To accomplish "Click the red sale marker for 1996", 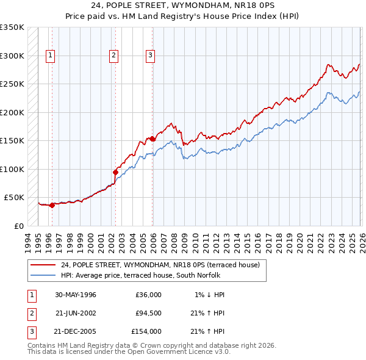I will (52, 205).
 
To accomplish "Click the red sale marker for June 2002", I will (115, 172).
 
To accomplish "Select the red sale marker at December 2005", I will (152, 139).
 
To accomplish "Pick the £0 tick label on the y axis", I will (18, 226).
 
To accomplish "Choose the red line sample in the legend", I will (43, 265).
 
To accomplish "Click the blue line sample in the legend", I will (43, 275).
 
